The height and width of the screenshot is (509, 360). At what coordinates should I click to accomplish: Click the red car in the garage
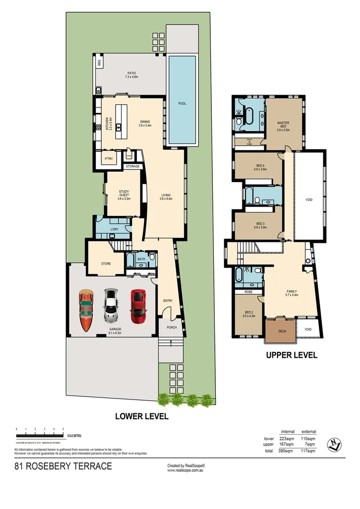click(138, 306)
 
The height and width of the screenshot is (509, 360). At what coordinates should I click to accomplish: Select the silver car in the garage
click(111, 306)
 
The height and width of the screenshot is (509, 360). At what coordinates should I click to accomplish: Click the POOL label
click(182, 103)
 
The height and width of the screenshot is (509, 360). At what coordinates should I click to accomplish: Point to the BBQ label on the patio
click(100, 64)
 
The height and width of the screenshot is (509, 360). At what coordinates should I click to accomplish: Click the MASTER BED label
click(283, 126)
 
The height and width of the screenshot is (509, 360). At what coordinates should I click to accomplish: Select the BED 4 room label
click(260, 167)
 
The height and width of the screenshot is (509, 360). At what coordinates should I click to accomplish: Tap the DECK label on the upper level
click(282, 330)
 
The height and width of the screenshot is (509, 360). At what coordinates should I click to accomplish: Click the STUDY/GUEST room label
click(124, 195)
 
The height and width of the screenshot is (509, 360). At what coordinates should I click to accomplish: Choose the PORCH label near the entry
click(172, 327)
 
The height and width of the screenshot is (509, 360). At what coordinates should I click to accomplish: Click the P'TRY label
click(108, 159)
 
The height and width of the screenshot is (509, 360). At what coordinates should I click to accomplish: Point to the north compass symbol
click(334, 445)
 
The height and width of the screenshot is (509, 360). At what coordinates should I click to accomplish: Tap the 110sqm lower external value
click(309, 438)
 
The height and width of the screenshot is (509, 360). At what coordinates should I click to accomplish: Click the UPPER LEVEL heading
click(292, 355)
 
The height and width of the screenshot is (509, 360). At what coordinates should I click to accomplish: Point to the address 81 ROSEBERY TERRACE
click(63, 466)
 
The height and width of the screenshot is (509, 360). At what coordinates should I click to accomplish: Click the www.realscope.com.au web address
click(186, 470)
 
